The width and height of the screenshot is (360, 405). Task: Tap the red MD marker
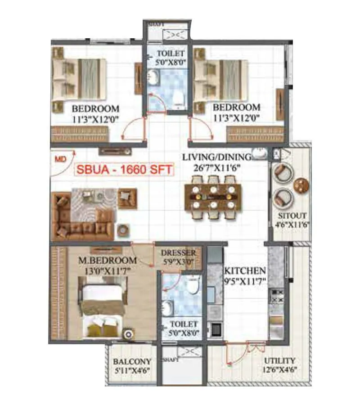(59, 159)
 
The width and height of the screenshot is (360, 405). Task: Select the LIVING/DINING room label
(216, 157)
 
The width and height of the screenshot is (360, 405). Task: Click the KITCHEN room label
(245, 271)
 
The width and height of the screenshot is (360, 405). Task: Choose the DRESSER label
(178, 253)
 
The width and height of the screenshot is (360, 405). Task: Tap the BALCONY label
(132, 361)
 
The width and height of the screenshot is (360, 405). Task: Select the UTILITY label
(279, 360)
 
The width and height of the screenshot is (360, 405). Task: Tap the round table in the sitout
(301, 184)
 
